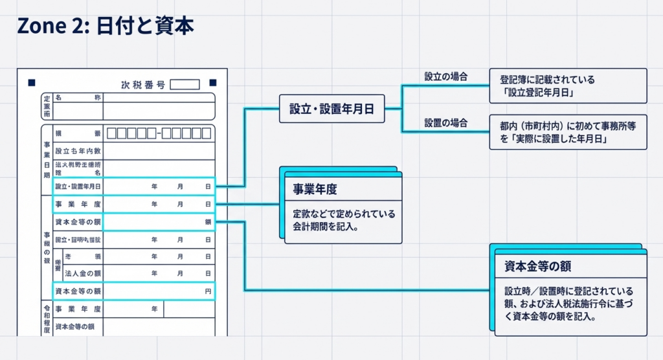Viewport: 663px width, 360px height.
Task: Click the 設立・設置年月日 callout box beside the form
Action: tap(331, 109)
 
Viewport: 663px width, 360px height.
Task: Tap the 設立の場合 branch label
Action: tap(446, 76)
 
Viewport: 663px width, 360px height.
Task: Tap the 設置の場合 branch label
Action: tap(446, 122)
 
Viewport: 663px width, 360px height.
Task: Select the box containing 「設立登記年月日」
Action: tap(568, 86)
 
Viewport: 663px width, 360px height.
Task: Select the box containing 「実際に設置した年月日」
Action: tap(568, 132)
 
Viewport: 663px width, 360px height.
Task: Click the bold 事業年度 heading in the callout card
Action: tap(315, 190)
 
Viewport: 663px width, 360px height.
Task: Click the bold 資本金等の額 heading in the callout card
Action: tap(537, 266)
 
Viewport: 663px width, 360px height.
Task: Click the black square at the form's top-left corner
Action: tap(31, 84)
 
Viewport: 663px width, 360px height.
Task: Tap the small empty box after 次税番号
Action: tap(185, 84)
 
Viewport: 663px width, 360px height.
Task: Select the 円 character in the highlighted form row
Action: tap(208, 292)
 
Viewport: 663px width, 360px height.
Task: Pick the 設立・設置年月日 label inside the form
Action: tap(78, 186)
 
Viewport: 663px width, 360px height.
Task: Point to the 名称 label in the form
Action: tap(78, 98)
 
